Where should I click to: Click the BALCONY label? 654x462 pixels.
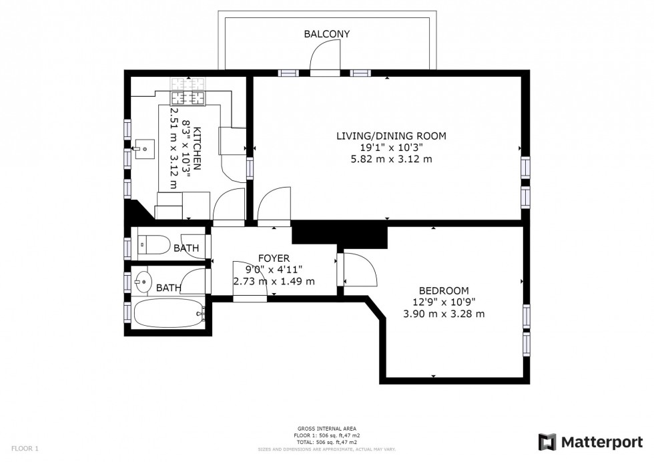326,34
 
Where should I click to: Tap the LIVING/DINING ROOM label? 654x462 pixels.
390,136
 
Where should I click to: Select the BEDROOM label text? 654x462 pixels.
443,290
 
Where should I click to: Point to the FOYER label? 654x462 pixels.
274,258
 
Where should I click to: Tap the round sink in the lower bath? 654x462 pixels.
142,281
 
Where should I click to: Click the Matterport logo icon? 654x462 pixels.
547,441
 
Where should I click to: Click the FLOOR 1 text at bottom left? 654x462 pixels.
25,449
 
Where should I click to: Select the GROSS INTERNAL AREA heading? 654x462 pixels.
326,429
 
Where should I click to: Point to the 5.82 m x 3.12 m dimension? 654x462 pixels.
390,159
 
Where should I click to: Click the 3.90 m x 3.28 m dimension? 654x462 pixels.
443,313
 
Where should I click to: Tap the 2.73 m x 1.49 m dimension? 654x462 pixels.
274,281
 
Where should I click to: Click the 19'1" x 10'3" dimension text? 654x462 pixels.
390,148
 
